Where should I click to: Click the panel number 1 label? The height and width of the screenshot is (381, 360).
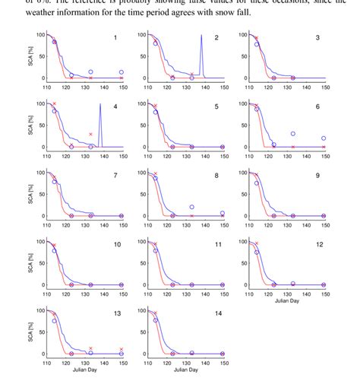115,37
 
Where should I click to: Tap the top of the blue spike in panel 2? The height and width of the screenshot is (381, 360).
201,35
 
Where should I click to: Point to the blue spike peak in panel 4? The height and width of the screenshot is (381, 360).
100,104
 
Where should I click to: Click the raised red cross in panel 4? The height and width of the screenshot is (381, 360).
90,135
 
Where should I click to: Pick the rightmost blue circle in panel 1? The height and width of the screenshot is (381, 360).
122,72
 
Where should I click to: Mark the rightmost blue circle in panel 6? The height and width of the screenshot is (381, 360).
324,138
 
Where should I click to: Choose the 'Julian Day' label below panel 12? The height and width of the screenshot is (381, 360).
286,302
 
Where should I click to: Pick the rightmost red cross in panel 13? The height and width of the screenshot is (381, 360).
122,349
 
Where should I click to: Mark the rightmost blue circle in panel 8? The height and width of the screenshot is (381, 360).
223,214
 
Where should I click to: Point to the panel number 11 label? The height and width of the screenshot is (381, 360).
216,245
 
